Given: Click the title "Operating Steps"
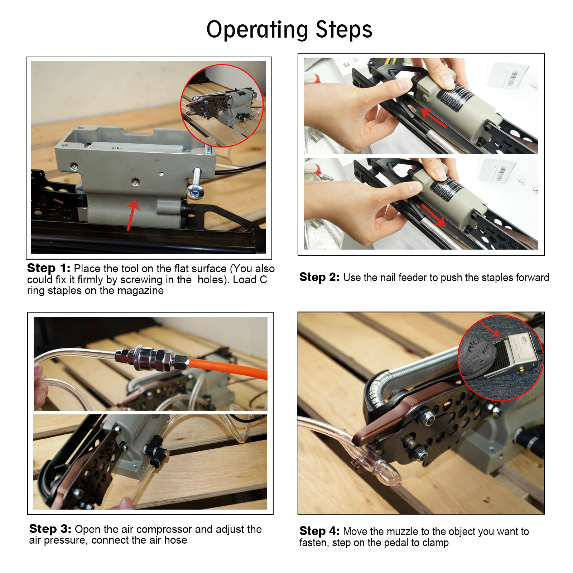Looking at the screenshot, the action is [x=289, y=30].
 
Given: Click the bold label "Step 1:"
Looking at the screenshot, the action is [x=49, y=268].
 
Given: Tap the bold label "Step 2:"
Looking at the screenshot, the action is [x=319, y=277].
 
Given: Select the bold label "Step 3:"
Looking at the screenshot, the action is [x=50, y=529].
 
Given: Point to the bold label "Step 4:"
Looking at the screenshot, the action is [x=319, y=531].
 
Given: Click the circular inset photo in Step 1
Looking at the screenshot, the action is [x=222, y=106].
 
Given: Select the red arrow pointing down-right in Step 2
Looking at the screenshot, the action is [x=434, y=216].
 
